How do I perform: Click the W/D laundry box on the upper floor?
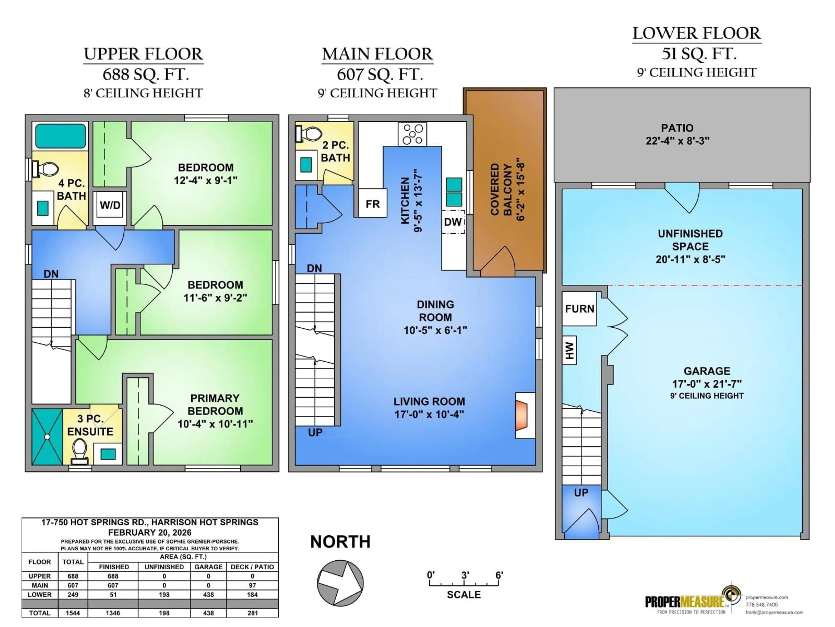point(110,206)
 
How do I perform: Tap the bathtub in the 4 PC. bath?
point(60,136)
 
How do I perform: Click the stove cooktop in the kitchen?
point(412,134)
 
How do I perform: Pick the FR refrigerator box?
point(372,204)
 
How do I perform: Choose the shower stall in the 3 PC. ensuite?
point(47,437)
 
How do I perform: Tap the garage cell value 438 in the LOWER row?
point(208,595)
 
